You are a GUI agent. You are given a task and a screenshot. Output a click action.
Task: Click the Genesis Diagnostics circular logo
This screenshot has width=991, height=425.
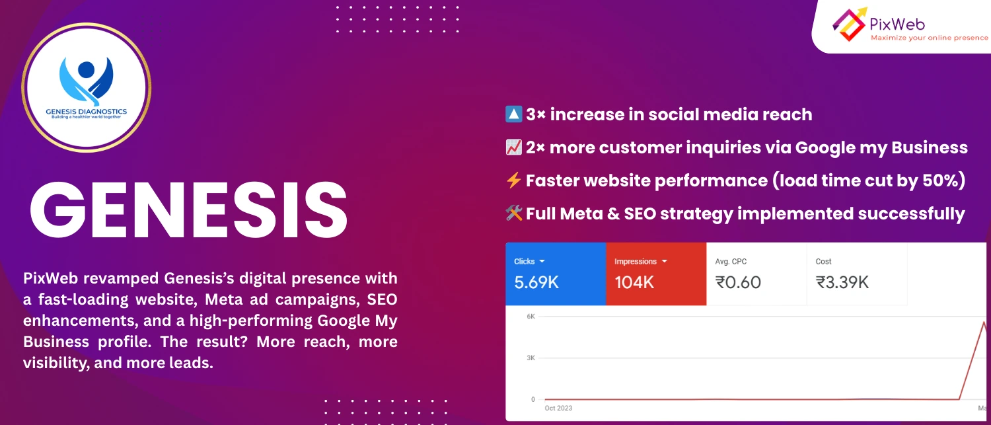tap(87, 88)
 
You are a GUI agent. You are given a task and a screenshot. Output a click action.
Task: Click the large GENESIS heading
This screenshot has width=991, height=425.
tap(189, 210)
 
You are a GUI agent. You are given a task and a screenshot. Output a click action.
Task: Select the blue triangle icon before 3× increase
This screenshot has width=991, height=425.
tap(513, 114)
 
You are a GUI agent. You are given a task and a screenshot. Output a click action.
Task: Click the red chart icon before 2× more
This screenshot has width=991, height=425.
tap(513, 147)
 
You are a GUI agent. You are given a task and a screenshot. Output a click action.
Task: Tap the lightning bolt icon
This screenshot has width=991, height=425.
tap(513, 180)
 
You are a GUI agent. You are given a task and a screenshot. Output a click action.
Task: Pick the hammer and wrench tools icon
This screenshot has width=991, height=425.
tap(513, 213)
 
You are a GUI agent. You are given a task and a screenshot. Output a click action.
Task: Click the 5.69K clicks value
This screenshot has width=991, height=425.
tap(536, 282)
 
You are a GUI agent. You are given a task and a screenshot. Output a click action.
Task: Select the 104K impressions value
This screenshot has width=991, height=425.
tap(634, 282)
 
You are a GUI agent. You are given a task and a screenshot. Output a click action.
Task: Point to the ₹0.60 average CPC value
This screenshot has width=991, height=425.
tap(738, 282)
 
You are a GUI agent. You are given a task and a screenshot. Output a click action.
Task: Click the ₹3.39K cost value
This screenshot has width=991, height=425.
tap(842, 282)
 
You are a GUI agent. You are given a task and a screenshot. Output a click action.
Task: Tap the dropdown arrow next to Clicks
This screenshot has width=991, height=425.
tap(542, 262)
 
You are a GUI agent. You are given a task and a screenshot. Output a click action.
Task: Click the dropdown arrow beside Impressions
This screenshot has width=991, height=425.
tap(664, 262)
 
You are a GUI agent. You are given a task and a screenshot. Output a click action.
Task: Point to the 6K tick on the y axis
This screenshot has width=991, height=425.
tap(531, 317)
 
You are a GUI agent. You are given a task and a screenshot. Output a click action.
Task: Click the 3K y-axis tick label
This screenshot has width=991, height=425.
tap(531, 358)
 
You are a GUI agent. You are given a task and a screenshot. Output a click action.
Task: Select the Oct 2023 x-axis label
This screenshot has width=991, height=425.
tap(558, 408)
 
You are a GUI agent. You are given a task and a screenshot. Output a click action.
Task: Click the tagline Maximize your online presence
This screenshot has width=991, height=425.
tap(930, 38)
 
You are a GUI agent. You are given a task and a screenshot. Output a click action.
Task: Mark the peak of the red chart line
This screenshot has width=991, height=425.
tap(984, 322)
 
